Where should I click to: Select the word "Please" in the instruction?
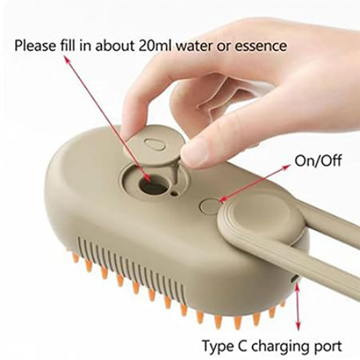click(35, 46)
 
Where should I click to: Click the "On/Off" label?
click(318, 161)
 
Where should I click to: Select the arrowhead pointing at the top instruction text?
click(67, 60)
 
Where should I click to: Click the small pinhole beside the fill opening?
click(175, 193)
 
